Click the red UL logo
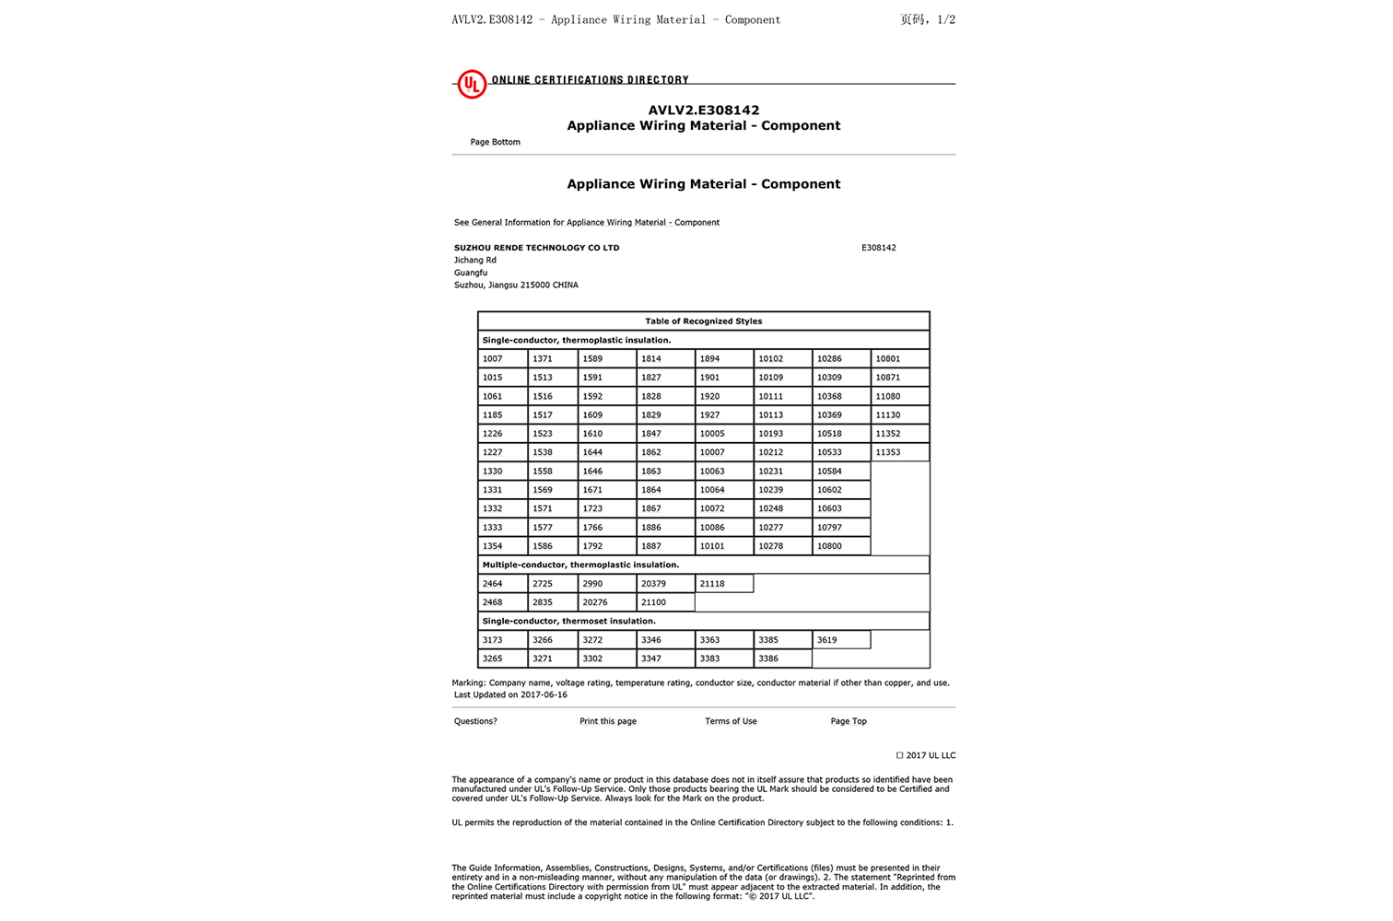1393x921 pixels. [x=472, y=84]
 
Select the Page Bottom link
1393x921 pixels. [x=495, y=142]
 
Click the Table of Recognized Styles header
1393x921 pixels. [x=703, y=321]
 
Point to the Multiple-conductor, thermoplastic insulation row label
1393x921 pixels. [x=580, y=565]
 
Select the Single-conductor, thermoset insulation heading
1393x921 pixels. [x=568, y=621]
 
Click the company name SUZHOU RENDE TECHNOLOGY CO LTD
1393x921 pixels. [x=536, y=248]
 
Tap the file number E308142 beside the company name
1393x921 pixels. [x=878, y=248]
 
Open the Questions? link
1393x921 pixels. [x=475, y=721]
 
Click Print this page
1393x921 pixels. [x=607, y=721]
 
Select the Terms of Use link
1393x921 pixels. [x=731, y=721]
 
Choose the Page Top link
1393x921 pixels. [x=848, y=721]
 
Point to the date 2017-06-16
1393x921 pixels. [x=544, y=694]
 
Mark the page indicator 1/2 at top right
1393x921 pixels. [x=945, y=19]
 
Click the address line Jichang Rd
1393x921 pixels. [x=474, y=260]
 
